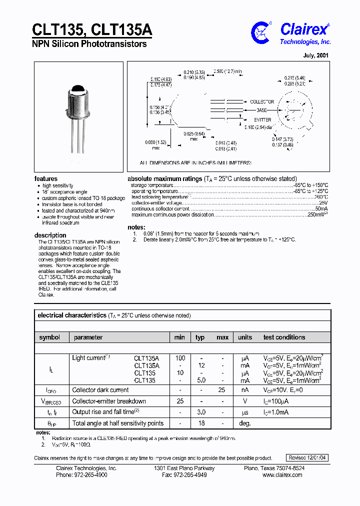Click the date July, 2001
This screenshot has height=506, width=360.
tap(316, 55)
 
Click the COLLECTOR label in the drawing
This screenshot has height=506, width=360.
tap(262, 102)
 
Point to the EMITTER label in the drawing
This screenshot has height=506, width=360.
tap(262, 120)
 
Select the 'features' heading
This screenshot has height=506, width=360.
tap(45, 178)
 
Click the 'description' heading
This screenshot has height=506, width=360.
tap(50, 235)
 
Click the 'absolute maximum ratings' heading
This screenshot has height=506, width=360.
tap(164, 178)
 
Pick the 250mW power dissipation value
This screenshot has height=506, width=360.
tap(316, 214)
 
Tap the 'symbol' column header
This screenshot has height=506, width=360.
tap(49, 337)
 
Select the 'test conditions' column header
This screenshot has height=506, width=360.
tap(284, 337)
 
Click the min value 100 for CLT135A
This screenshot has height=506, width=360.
tap(180, 358)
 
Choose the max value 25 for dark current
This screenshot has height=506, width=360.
tap(222, 390)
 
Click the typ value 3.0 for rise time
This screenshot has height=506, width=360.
tap(201, 412)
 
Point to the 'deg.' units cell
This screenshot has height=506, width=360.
tap(244, 423)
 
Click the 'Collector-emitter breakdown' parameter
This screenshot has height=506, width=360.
tap(109, 401)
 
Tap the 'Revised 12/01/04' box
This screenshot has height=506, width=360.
tap(308, 458)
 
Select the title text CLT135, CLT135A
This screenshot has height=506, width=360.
tap(92, 29)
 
